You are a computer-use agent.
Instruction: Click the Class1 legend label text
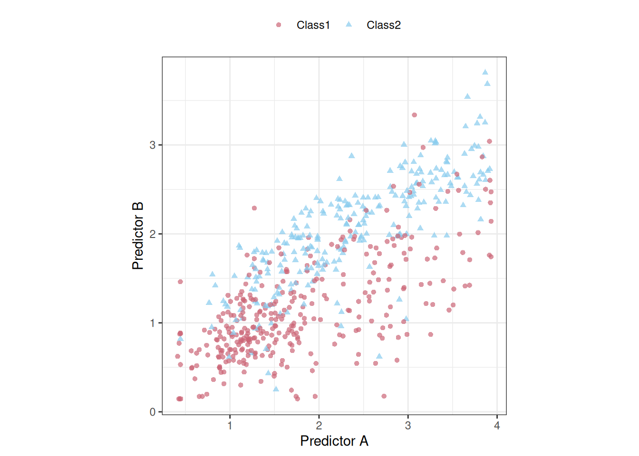pyautogui.click(x=313, y=25)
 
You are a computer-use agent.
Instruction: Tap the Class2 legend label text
pyautogui.click(x=383, y=25)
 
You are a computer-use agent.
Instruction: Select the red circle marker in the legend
pyautogui.click(x=279, y=25)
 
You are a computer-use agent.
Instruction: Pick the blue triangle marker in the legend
pyautogui.click(x=349, y=25)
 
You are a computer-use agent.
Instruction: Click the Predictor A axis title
pyautogui.click(x=334, y=441)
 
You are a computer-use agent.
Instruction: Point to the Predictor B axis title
pyautogui.click(x=138, y=236)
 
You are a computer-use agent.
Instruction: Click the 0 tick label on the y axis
pyautogui.click(x=152, y=412)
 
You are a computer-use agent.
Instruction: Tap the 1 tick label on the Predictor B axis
pyautogui.click(x=152, y=323)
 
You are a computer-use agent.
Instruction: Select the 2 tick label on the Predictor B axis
pyautogui.click(x=152, y=234)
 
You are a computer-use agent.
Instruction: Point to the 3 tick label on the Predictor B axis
pyautogui.click(x=152, y=145)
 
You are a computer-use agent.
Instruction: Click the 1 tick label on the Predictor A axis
pyautogui.click(x=230, y=426)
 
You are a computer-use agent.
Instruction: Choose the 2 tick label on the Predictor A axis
pyautogui.click(x=319, y=426)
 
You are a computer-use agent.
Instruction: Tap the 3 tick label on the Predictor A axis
pyautogui.click(x=408, y=426)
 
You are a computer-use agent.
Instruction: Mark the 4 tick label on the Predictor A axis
pyautogui.click(x=497, y=426)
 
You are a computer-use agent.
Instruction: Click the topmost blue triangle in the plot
pyautogui.click(x=485, y=72)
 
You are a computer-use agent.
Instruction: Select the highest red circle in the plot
pyautogui.click(x=414, y=115)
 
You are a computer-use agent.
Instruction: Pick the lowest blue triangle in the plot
pyautogui.click(x=276, y=389)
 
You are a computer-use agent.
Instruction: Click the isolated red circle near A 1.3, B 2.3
pyautogui.click(x=254, y=208)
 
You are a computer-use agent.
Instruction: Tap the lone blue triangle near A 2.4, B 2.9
pyautogui.click(x=351, y=156)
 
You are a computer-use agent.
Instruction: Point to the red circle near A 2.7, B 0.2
pyautogui.click(x=384, y=396)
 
